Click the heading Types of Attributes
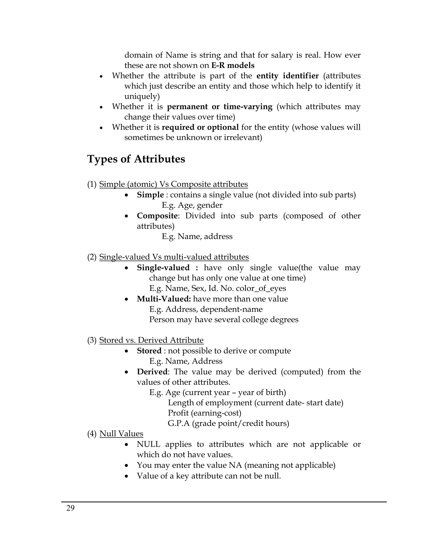[136, 159]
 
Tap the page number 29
[70, 508]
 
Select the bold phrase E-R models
[233, 65]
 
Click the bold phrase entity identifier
[288, 76]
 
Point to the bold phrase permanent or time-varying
[220, 107]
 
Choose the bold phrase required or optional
[200, 127]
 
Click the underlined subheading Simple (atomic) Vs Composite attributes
[173, 184]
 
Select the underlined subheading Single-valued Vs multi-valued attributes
[174, 257]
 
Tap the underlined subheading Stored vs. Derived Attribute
[151, 340]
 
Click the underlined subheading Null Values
[121, 433]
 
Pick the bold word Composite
[157, 216]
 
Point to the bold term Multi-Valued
[164, 299]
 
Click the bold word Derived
[152, 372]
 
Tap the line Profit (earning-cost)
[204, 413]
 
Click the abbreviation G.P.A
[179, 423]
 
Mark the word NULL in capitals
[148, 444]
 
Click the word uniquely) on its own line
[142, 96]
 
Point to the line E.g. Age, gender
[192, 205]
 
